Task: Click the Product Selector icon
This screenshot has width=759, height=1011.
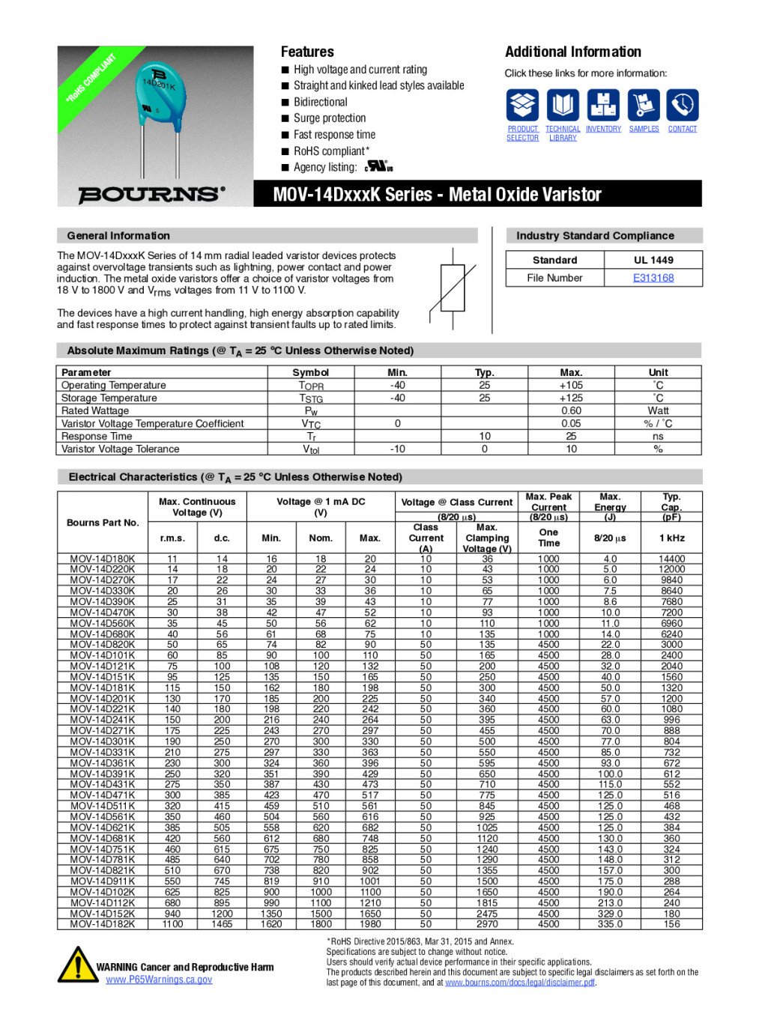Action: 522,106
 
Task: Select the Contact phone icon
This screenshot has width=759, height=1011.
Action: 682,106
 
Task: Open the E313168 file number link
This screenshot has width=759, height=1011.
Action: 653,278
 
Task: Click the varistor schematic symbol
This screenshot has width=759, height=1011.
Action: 453,288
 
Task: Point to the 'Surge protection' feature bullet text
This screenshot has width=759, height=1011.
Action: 330,118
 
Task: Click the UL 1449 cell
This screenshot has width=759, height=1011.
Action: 653,260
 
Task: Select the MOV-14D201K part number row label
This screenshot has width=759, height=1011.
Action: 103,698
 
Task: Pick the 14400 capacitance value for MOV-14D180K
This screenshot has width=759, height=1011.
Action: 671,559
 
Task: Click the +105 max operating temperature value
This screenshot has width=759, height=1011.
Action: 571,385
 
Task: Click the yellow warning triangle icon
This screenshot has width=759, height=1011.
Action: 76,965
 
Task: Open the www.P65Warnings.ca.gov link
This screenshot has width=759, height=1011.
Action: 159,980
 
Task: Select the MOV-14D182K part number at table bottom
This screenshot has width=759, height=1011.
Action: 103,924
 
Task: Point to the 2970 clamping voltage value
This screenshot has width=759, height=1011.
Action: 487,924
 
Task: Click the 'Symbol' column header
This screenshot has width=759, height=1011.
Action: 311,372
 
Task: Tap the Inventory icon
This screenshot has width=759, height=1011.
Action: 603,106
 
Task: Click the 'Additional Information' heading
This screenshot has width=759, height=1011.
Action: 573,52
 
